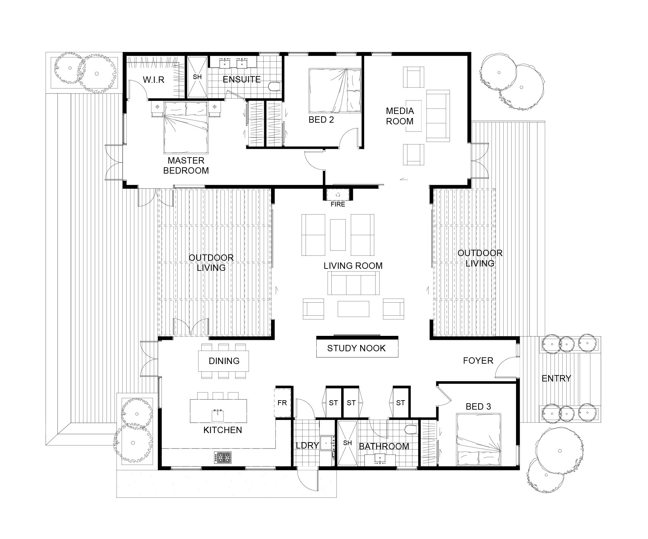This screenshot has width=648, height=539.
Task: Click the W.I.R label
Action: [153, 80]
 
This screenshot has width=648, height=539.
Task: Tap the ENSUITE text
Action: [242, 79]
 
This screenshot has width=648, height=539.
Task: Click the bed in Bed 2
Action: [335, 91]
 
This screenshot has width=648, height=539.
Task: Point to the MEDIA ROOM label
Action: [400, 116]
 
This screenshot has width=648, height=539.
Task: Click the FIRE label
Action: [337, 204]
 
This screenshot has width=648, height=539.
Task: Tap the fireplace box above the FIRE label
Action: [337, 195]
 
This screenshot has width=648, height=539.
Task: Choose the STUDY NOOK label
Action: [356, 348]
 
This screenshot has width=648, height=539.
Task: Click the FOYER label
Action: [478, 361]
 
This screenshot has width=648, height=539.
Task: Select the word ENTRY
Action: [556, 378]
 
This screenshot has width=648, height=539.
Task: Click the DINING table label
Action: [224, 361]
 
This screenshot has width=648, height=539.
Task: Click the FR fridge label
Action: [282, 403]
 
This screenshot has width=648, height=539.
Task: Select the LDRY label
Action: [307, 445]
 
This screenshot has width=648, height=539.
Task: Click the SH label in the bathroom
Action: [347, 443]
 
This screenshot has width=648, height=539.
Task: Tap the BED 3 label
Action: [478, 407]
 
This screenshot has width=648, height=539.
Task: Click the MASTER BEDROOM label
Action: [186, 166]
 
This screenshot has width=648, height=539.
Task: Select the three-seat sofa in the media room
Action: [438, 116]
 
